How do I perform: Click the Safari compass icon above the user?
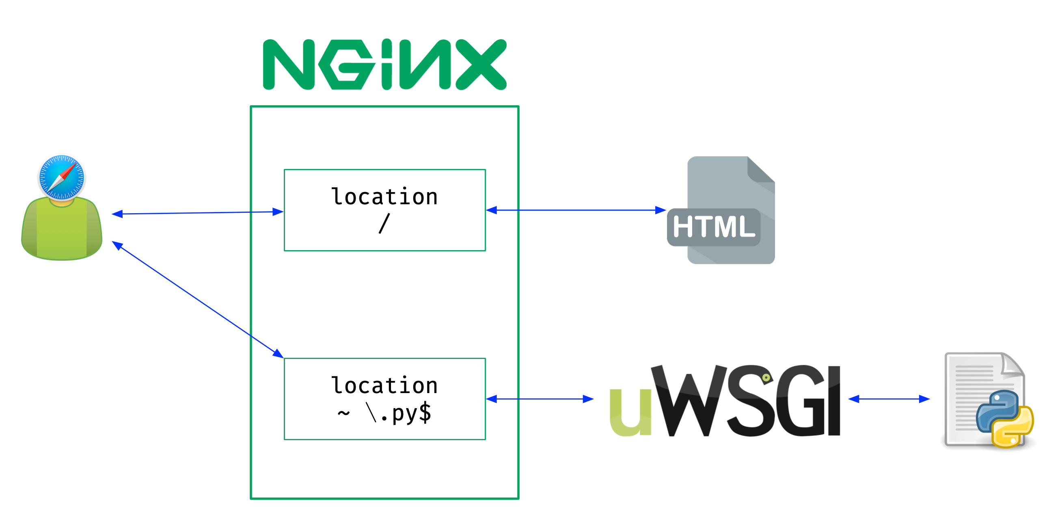pos(62,177)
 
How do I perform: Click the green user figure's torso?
pos(62,231)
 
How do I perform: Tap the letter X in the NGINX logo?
pos(481,64)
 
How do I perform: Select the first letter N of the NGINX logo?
pos(288,65)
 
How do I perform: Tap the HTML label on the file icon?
pos(714,227)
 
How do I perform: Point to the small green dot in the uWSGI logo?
pos(766,377)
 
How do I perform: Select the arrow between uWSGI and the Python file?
pos(889,399)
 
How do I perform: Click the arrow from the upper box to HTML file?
pos(576,210)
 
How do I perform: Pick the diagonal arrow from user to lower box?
pos(198,300)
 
